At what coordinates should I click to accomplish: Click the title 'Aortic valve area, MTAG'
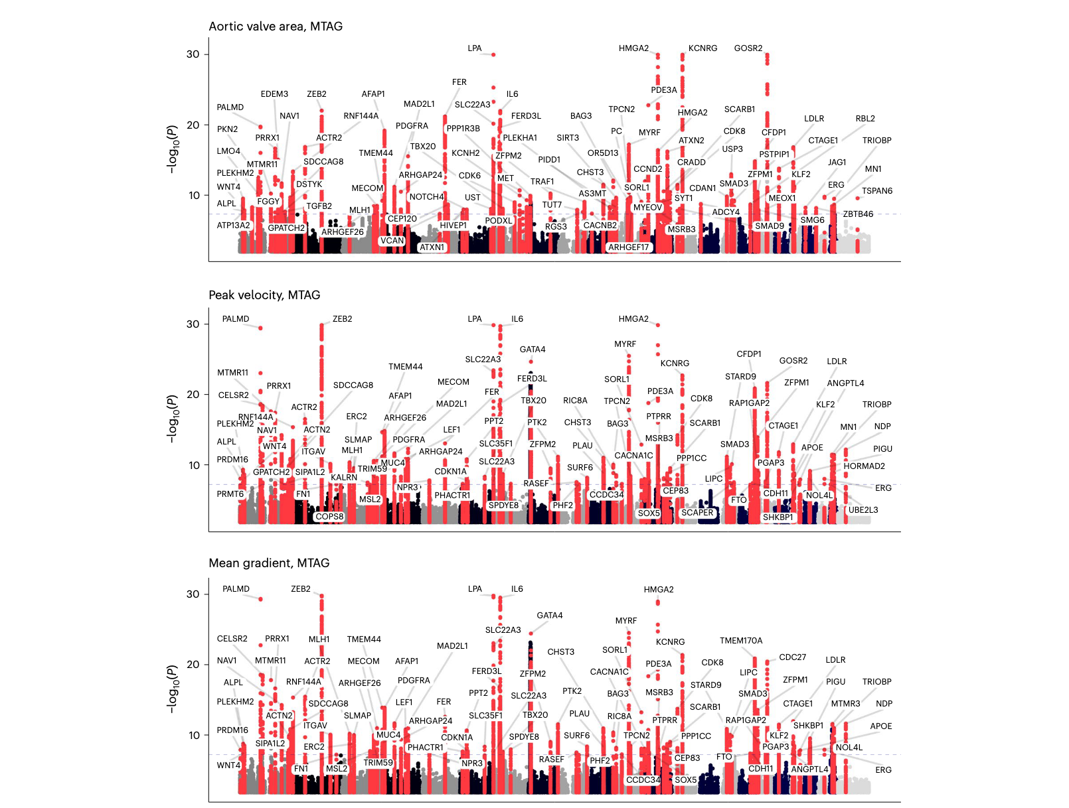coord(276,27)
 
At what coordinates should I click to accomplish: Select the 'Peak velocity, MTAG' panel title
coord(264,295)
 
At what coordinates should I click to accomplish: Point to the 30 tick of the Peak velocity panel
coord(193,324)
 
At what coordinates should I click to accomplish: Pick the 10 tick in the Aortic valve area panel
coord(194,196)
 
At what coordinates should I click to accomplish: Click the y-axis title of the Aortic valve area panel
coord(173,149)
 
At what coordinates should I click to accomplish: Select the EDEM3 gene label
coord(274,94)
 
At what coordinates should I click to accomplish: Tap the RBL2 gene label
coord(865,119)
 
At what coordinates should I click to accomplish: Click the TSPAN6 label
coord(877,191)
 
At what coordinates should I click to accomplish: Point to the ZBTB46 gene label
coord(858,214)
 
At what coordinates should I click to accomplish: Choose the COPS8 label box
coord(329,517)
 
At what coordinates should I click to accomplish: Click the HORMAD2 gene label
coord(864,466)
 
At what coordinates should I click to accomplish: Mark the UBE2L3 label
coord(863,510)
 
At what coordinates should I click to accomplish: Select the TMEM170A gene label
coord(741,641)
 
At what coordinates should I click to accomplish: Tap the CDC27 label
coord(792,657)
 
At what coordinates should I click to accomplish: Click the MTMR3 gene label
coord(845,704)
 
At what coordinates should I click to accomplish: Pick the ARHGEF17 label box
coord(628,247)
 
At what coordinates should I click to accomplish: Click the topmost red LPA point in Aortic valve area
coord(493,54)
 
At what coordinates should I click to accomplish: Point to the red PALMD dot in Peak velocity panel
coord(260,328)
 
